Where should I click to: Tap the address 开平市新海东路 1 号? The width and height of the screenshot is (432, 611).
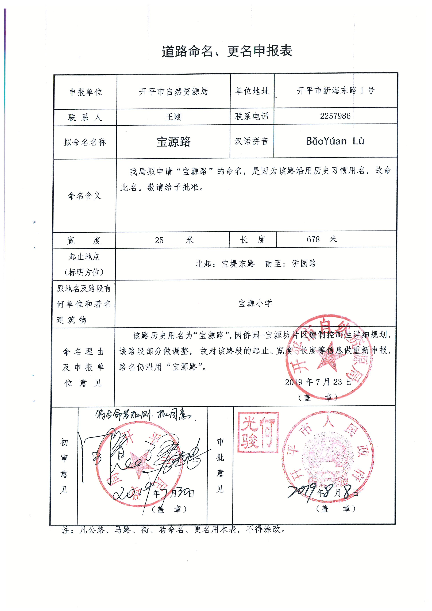tap(335, 91)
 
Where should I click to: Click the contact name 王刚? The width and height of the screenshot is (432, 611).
tap(173, 117)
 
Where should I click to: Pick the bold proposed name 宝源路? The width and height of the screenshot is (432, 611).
tap(173, 142)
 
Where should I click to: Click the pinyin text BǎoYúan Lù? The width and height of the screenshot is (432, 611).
tap(335, 141)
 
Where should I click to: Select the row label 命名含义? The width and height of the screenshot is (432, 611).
tap(84, 196)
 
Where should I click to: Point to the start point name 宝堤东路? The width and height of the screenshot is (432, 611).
tap(238, 264)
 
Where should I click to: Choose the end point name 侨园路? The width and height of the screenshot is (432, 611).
tap(304, 263)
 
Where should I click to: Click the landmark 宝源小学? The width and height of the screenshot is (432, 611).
tap(255, 303)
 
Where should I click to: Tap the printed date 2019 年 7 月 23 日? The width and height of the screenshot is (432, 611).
tap(318, 382)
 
